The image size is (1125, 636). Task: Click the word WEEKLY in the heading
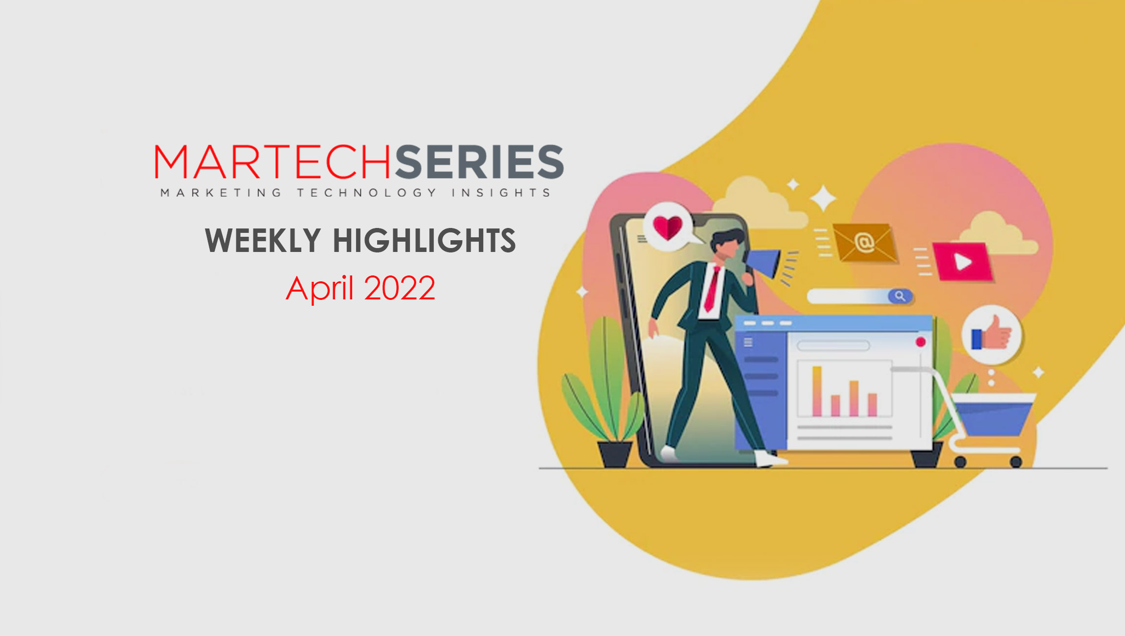(x=263, y=240)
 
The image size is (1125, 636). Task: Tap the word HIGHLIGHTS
(x=424, y=240)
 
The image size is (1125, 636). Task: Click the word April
(x=319, y=289)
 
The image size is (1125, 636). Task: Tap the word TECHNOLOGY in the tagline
(x=367, y=193)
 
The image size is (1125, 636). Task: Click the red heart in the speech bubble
(x=668, y=227)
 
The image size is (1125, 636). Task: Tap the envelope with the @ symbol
(x=864, y=242)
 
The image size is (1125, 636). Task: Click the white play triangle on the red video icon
(x=963, y=262)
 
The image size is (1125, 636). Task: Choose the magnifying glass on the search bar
(x=900, y=296)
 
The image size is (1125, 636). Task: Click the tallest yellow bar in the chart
(x=816, y=391)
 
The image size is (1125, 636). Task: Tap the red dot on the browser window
(x=921, y=342)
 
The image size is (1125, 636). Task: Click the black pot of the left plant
(x=615, y=454)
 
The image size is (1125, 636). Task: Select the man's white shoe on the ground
(x=768, y=459)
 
